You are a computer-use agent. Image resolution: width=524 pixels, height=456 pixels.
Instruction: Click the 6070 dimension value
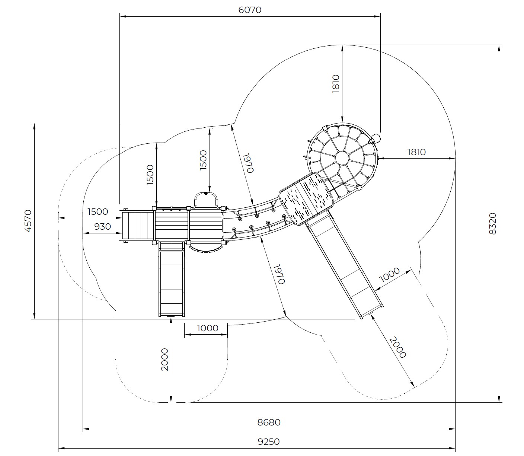tap(250, 10)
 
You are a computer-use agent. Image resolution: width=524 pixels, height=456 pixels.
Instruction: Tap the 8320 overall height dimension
tap(492, 224)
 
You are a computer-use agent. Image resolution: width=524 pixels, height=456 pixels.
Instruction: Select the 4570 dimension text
tap(28, 221)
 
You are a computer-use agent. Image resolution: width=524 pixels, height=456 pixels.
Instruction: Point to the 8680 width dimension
tap(269, 422)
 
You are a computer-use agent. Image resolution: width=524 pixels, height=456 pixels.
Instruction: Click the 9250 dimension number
tap(269, 441)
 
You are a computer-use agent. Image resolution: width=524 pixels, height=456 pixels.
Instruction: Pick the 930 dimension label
tap(102, 226)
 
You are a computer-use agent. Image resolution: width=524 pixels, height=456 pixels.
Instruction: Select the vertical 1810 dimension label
tap(336, 83)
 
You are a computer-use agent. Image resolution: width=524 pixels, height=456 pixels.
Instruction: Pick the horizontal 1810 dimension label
tap(416, 152)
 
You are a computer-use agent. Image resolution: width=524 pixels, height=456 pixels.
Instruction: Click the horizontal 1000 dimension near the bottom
tap(207, 328)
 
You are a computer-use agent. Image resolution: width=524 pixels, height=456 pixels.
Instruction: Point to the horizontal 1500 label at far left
tap(98, 211)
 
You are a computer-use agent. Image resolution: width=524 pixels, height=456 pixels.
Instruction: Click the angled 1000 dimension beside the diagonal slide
tap(389, 275)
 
